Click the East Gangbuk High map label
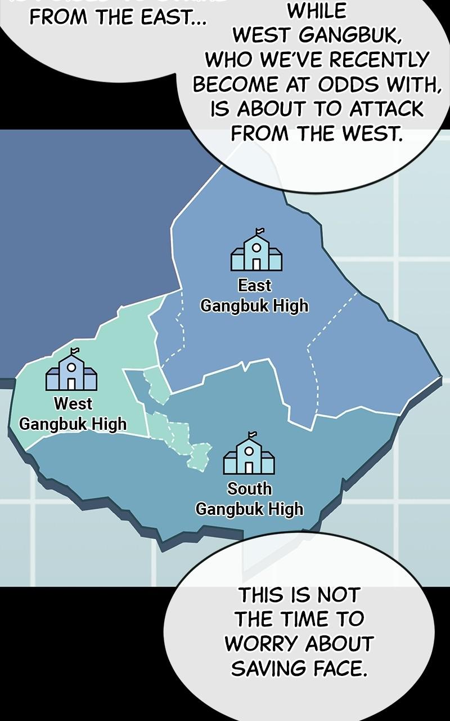pyautogui.click(x=254, y=296)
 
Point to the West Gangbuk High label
pyautogui.click(x=73, y=414)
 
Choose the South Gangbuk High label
pyautogui.click(x=249, y=499)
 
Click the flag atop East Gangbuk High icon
pyautogui.click(x=259, y=231)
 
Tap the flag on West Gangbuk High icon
pyautogui.click(x=74, y=351)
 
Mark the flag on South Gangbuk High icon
pyautogui.click(x=252, y=435)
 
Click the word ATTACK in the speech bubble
pyautogui.click(x=386, y=109)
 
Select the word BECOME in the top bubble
pyautogui.click(x=236, y=84)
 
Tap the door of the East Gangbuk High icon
pyautogui.click(x=256, y=264)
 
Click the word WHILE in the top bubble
pyautogui.click(x=317, y=11)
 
